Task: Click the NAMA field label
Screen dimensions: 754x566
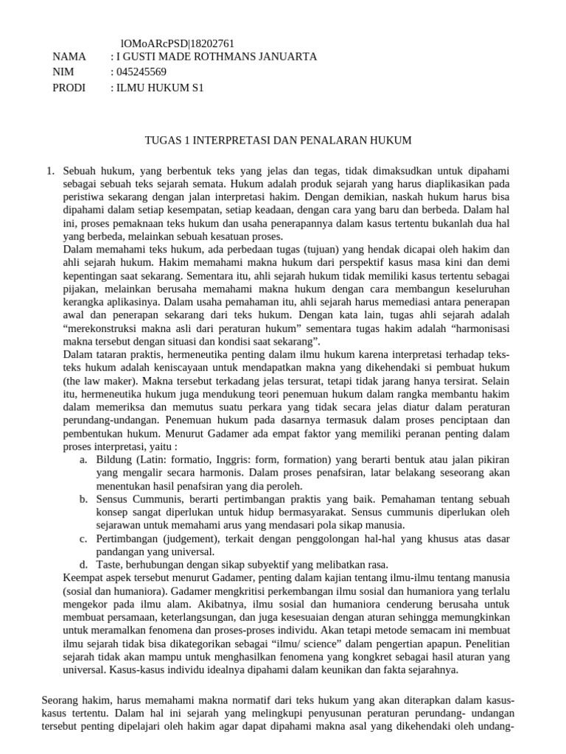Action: tap(70, 57)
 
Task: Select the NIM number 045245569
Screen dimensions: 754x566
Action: tap(141, 72)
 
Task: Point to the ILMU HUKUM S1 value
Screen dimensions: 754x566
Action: tap(160, 88)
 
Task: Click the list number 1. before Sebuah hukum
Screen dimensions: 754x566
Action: tap(50, 171)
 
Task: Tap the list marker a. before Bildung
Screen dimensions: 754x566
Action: tap(83, 459)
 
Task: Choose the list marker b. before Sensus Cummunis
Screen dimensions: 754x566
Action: tap(83, 499)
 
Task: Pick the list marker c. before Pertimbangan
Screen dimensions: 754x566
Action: tap(83, 539)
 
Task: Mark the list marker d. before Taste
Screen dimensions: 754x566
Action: tap(83, 565)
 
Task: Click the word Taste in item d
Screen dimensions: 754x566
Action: tap(109, 565)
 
